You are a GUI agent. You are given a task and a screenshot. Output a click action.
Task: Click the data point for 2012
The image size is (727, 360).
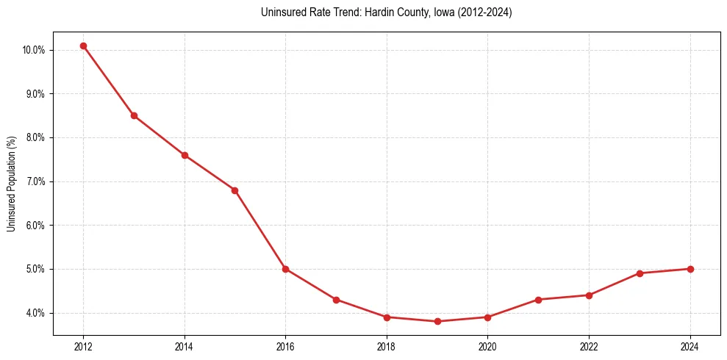(83, 46)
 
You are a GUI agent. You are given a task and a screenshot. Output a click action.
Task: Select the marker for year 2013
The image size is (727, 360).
(134, 115)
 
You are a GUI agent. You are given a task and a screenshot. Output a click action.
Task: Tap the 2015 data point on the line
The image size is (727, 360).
(234, 190)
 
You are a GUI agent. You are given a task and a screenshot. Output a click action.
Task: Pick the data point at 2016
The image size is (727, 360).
(285, 269)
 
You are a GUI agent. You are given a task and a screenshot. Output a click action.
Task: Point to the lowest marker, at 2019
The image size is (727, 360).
(437, 321)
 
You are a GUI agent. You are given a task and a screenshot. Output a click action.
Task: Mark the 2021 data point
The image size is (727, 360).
(538, 300)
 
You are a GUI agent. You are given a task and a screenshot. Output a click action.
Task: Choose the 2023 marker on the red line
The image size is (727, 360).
(640, 273)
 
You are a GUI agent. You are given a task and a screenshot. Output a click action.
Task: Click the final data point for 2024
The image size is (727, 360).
(690, 269)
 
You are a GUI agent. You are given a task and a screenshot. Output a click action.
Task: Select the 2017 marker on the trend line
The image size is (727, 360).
(336, 300)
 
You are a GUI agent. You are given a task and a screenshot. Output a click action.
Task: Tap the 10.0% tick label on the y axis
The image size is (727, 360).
(34, 50)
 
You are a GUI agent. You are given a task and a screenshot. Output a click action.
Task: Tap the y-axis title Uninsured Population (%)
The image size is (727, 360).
(11, 184)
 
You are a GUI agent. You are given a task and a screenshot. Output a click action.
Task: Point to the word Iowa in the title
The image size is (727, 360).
(436, 12)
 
